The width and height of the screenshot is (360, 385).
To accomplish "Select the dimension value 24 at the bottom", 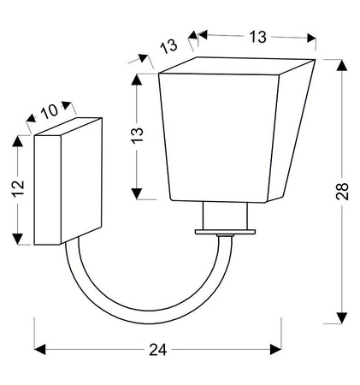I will (x=157, y=350).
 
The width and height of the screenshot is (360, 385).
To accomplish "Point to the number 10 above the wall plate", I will (x=50, y=111).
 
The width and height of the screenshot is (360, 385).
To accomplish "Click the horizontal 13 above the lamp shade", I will (x=257, y=37).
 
